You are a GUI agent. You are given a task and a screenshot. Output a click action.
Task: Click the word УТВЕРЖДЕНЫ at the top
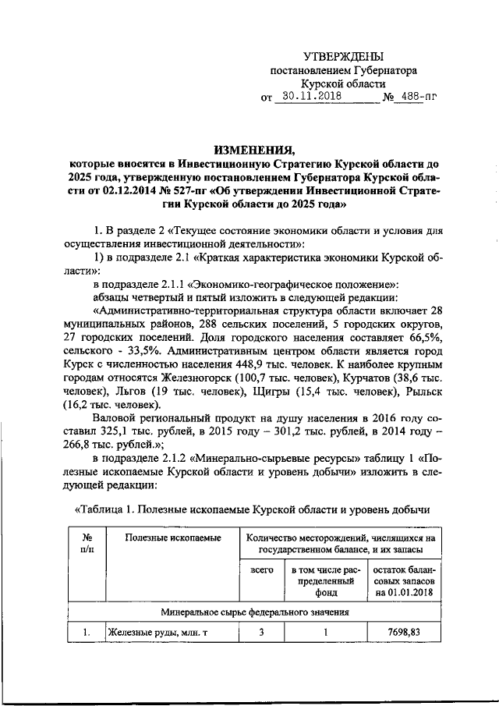[343, 56]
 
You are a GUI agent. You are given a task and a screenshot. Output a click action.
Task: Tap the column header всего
[261, 571]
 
